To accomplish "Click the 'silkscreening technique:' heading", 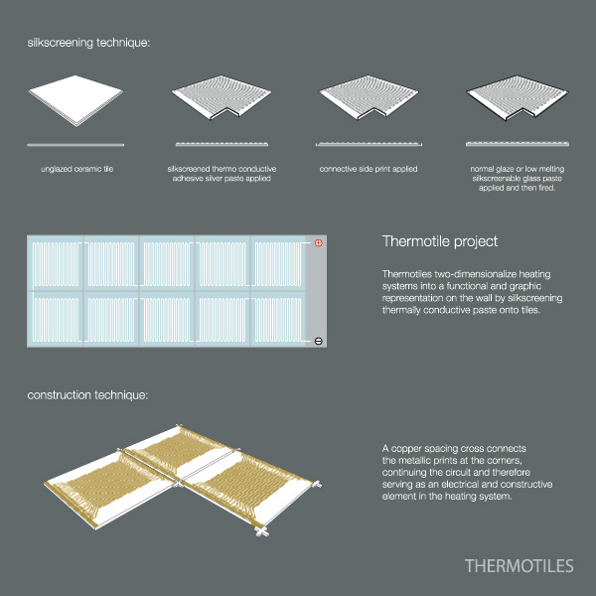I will pos(88,44).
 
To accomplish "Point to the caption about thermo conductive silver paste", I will pos(221,175).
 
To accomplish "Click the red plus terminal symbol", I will pos(319,243).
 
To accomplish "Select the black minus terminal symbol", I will pos(319,341).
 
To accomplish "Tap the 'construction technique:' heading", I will pos(88,395).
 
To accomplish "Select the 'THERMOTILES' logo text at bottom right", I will pos(519,566).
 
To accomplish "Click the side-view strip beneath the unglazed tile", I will pos(74,144).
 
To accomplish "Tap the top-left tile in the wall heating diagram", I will pos(56,265).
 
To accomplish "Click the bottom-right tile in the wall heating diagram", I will pos(279,320).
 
